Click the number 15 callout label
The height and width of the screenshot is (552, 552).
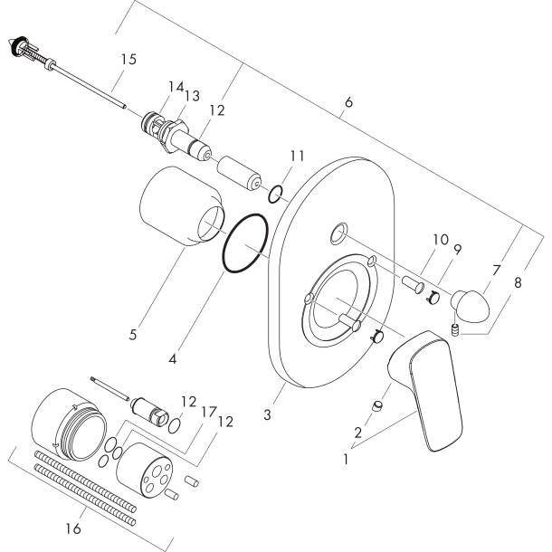coord(128,60)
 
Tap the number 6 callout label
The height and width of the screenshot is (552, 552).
coord(349,102)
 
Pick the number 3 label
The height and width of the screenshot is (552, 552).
coord(267,415)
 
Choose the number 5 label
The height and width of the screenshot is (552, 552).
coord(132,335)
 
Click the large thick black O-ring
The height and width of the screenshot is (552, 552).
coord(245,244)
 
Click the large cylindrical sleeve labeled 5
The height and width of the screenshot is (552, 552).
coord(180,207)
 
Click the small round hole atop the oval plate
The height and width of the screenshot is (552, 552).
coord(337,234)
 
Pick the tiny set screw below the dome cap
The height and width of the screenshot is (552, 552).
coord(457,331)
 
